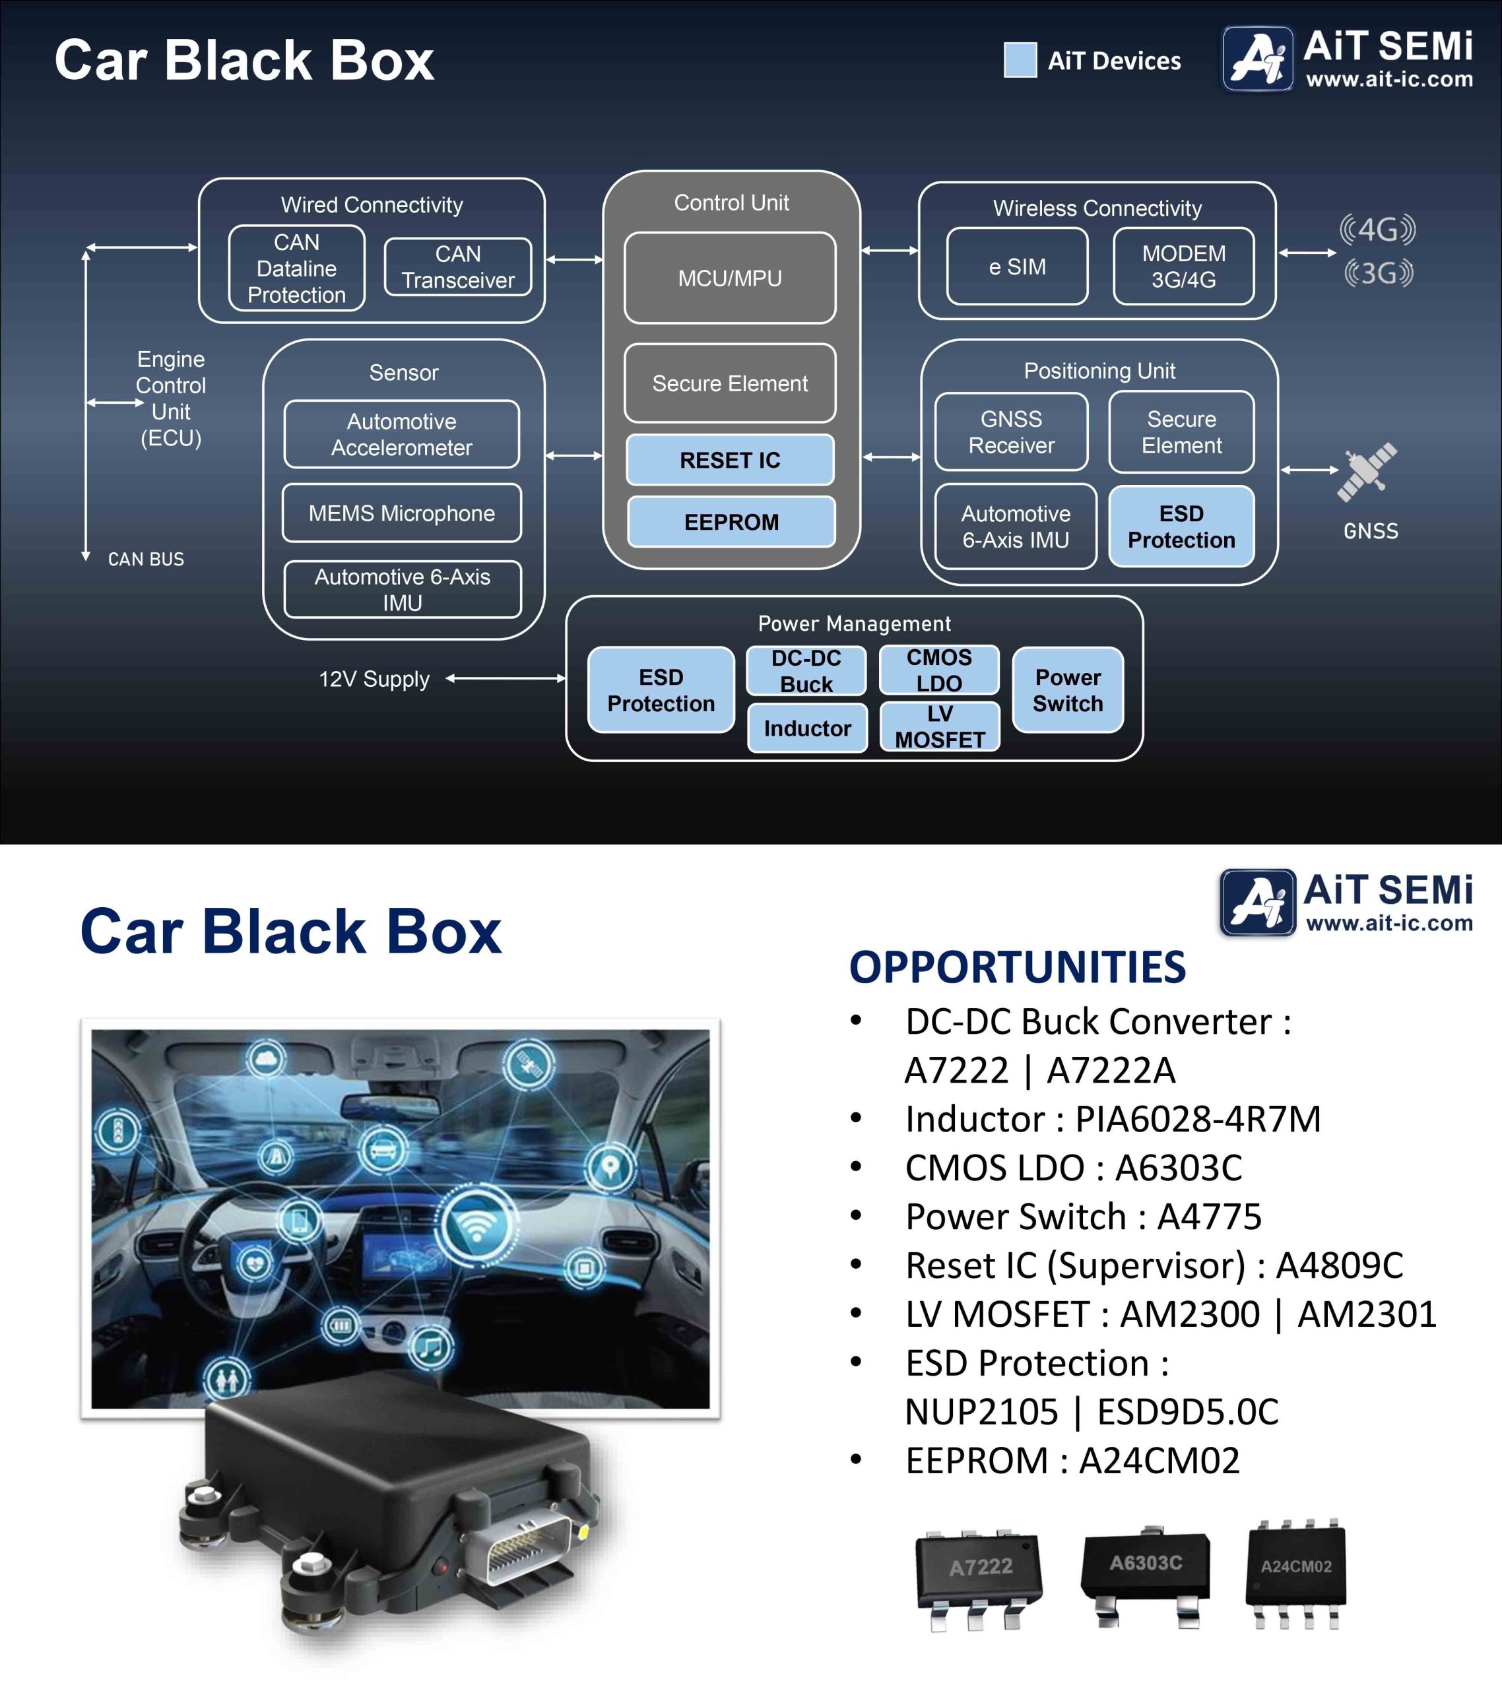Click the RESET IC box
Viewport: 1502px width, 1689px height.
pos(730,461)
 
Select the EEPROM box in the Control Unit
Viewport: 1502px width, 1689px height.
pos(731,523)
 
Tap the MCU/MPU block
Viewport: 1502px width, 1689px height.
pos(730,278)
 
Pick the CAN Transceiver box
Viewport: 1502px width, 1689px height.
pos(458,267)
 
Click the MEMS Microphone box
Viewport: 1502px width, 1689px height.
pos(402,513)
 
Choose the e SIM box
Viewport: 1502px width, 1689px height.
pos(1017,267)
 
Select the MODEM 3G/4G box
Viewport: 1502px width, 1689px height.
pos(1184,267)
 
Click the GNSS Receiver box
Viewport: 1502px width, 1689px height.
pos(1011,432)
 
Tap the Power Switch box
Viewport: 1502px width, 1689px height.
pos(1067,690)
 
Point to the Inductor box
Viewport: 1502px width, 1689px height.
pos(807,728)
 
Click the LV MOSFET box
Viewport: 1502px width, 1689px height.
pos(940,727)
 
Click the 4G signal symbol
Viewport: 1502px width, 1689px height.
pos(1377,229)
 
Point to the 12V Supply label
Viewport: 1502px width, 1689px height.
pos(374,680)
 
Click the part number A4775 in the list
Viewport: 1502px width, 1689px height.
pos(1210,1217)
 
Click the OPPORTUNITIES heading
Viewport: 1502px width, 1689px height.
pos(1018,968)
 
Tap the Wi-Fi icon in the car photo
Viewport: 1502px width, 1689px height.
pos(476,1225)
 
